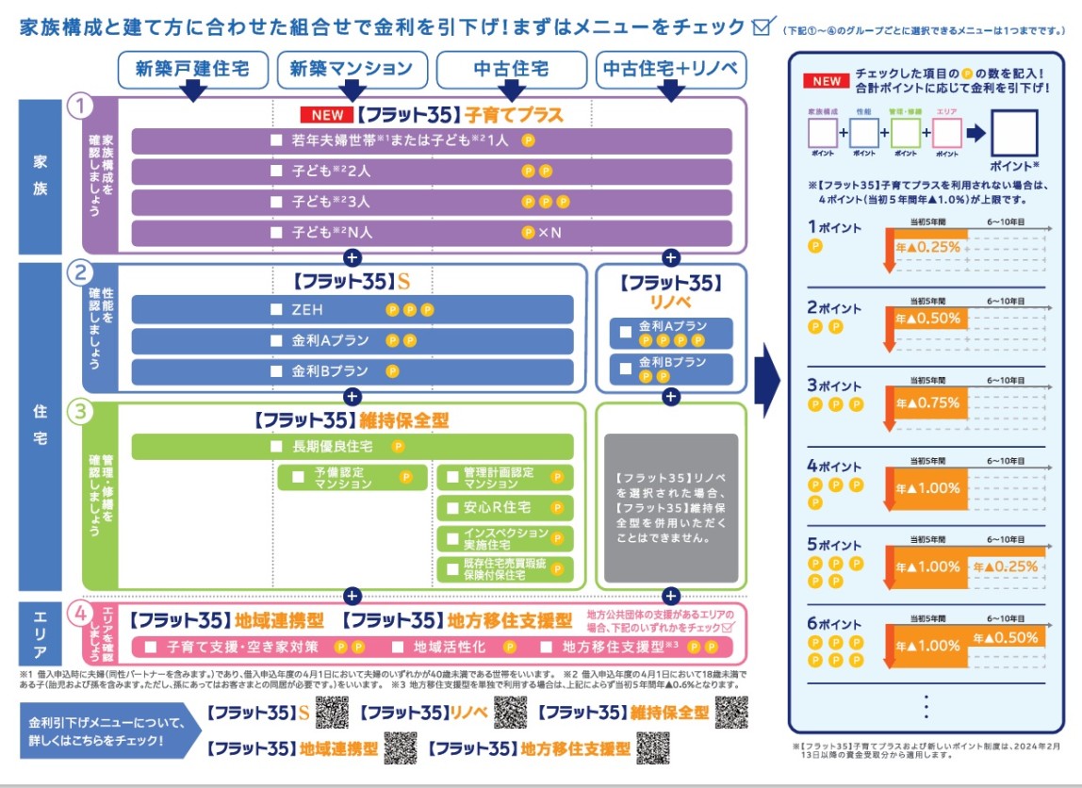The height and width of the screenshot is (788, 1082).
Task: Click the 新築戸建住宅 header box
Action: coord(192,69)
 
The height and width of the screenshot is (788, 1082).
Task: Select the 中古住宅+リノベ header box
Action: coord(671,69)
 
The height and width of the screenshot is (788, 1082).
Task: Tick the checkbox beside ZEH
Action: coord(276,309)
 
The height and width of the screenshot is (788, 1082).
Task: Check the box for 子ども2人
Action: coord(276,172)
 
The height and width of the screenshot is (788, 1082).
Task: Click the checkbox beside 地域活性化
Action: coord(397,648)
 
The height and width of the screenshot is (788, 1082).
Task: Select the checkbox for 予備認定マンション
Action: coord(298,477)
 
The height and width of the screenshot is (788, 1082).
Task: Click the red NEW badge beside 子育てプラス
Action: coord(325,115)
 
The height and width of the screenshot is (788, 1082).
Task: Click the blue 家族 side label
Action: coord(40,175)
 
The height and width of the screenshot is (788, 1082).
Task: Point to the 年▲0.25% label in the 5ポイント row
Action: coord(1006,566)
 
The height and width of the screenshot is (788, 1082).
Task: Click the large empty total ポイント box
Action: coord(1014,133)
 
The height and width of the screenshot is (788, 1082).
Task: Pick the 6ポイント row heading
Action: coord(834,624)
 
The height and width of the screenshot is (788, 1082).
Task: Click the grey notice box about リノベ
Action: coord(671,508)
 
